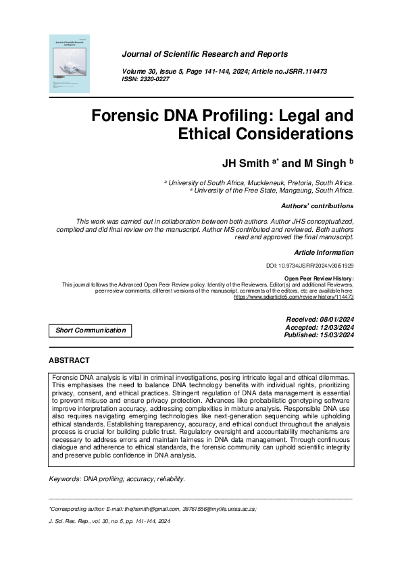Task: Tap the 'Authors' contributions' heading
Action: click(316, 206)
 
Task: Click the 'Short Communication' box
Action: click(91, 330)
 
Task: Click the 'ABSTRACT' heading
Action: click(69, 361)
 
